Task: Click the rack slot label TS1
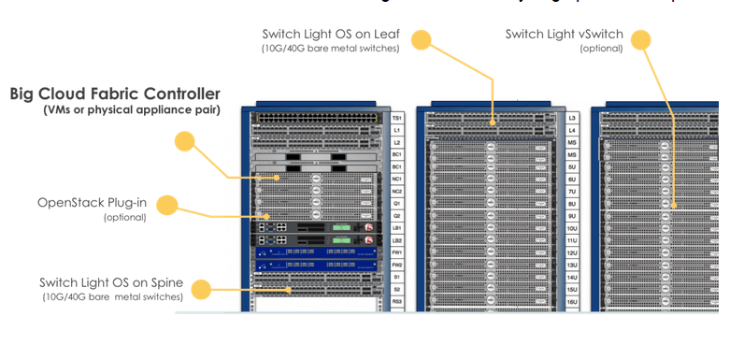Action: click(397, 119)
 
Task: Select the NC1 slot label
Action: click(397, 179)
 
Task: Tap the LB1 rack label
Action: click(397, 227)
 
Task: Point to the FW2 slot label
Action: click(397, 265)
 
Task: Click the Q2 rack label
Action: click(397, 215)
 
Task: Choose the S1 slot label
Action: click(397, 277)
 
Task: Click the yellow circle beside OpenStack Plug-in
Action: click(166, 205)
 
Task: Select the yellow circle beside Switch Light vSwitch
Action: click(640, 40)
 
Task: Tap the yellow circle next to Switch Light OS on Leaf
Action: click(422, 40)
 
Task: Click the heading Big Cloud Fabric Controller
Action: click(115, 94)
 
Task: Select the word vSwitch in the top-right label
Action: click(601, 35)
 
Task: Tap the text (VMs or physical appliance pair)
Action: click(131, 110)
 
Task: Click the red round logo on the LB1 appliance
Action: click(369, 226)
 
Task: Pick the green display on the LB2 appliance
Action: click(340, 239)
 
